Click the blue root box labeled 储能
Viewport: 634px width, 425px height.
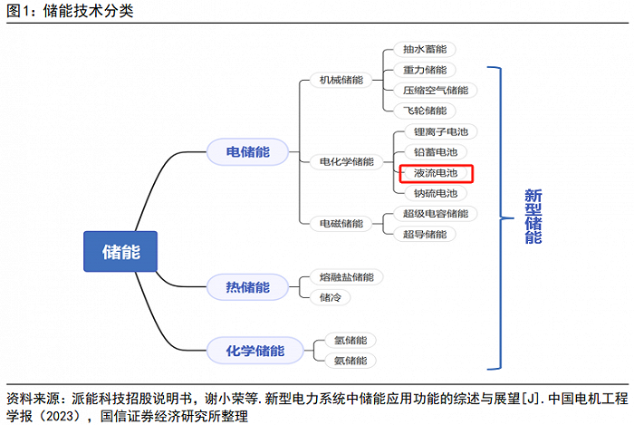(120, 252)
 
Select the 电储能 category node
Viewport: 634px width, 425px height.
(247, 152)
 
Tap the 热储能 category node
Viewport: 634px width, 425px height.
(247, 287)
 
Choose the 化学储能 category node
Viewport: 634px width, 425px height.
(255, 351)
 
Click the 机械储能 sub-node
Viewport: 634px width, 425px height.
(341, 80)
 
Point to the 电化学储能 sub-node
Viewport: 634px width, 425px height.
(347, 161)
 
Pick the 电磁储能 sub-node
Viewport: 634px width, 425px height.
(341, 223)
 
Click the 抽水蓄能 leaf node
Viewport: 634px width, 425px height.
(425, 49)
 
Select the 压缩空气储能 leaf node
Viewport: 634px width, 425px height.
(436, 91)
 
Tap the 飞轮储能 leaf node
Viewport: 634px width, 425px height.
(425, 111)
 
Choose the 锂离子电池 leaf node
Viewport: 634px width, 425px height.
(441, 131)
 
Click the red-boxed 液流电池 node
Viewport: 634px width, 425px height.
(436, 173)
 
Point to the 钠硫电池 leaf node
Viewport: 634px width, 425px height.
(436, 193)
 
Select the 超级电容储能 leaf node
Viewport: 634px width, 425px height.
(436, 214)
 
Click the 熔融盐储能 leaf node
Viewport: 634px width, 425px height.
(347, 277)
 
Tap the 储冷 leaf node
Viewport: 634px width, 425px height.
(331, 297)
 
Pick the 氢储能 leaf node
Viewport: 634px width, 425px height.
(351, 341)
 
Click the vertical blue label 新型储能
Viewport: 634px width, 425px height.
(533, 217)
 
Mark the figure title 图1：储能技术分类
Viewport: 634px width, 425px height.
(70, 11)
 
